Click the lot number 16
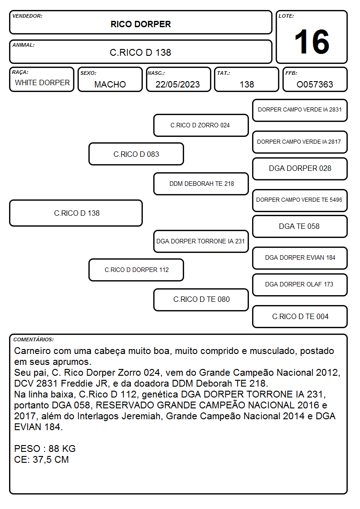pos(311,42)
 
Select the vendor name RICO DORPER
pos(141,24)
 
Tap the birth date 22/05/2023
pos(178,84)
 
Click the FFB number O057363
pos(315,84)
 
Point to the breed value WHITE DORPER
pos(42,83)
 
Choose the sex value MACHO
pos(110,84)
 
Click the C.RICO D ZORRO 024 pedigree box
pos(201,125)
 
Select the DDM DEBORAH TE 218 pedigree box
pos(201,184)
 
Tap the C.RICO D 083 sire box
pos(136,154)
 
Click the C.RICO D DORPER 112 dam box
pos(136,270)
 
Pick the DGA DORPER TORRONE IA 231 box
pos(201,241)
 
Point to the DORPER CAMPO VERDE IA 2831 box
pos(300,111)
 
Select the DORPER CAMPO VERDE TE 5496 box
pos(300,200)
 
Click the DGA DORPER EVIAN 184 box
pos(300,258)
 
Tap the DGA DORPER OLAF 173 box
pos(300,285)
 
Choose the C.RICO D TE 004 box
pos(300,316)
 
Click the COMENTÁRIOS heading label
pos(34,339)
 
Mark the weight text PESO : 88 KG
pos(45,449)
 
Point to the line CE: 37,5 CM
pos(42,460)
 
